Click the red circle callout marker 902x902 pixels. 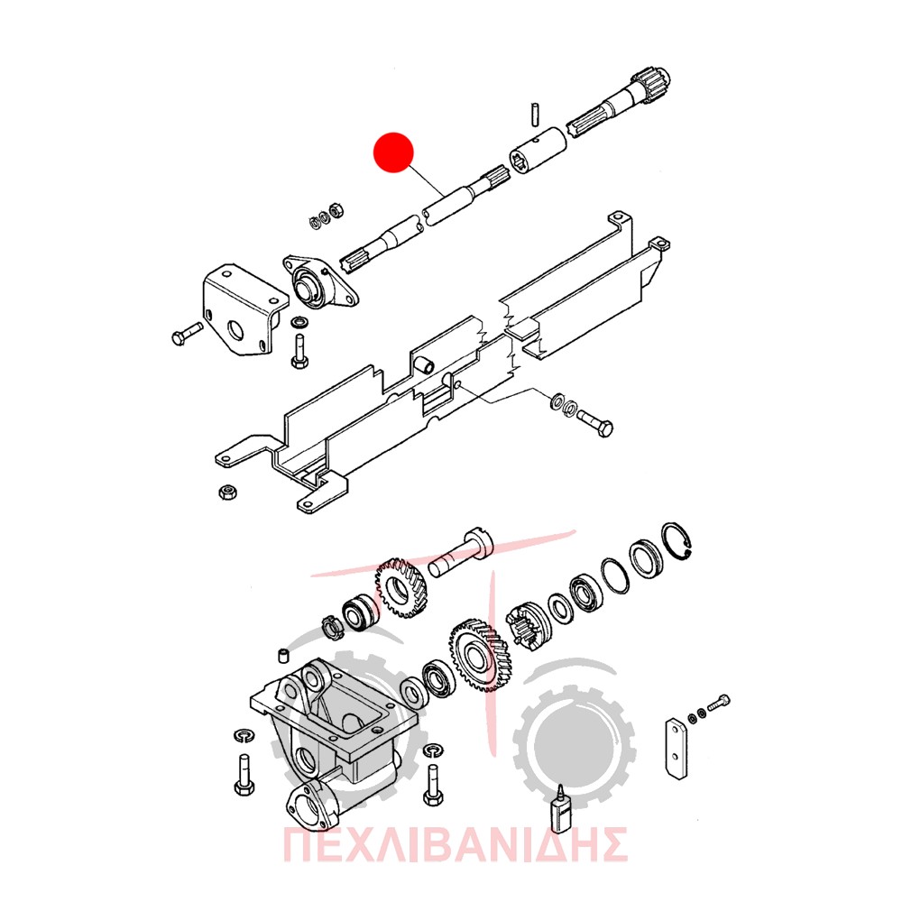coord(393,152)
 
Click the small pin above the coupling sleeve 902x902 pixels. coord(534,112)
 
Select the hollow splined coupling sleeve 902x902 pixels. coord(538,150)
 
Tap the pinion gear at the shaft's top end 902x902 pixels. coord(653,86)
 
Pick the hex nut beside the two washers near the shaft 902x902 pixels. coord(336,209)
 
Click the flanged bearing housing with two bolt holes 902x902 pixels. coord(320,283)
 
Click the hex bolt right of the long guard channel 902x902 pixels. coord(594,421)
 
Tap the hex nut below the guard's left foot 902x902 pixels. coord(228,492)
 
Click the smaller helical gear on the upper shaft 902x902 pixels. coord(402,587)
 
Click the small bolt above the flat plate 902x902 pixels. coord(718,703)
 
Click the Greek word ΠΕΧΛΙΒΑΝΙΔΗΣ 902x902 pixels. coord(455,844)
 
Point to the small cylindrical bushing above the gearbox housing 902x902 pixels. coord(283,656)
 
